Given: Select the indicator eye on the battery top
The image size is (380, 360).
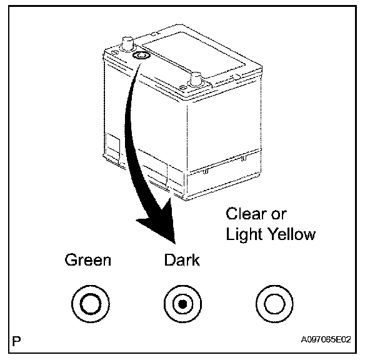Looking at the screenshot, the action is pyautogui.click(x=141, y=56).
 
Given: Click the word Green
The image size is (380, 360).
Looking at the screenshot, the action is pyautogui.click(x=87, y=260).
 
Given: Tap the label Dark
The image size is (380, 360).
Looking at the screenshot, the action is pyautogui.click(x=181, y=260).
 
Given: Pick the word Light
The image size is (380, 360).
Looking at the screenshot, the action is pyautogui.click(x=244, y=236).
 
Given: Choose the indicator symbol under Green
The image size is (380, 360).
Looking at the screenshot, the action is pyautogui.click(x=88, y=304).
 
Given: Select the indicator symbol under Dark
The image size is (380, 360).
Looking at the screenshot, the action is pyautogui.click(x=181, y=304).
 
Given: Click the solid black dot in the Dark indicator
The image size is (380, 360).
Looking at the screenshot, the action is pyautogui.click(x=181, y=304).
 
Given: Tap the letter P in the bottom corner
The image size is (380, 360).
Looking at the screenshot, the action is pyautogui.click(x=16, y=341).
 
